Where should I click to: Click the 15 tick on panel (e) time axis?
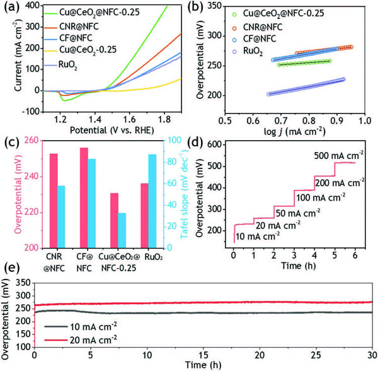[x=203, y=355]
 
